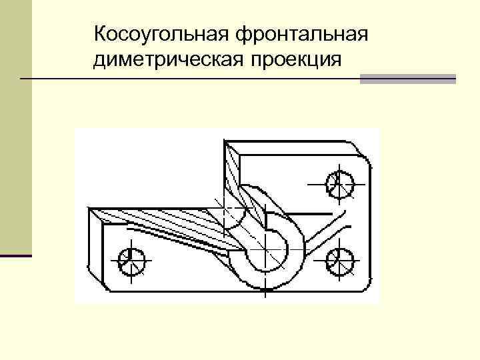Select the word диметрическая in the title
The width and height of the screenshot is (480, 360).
(x=169, y=61)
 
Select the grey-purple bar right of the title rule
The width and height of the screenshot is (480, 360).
(x=407, y=79)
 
